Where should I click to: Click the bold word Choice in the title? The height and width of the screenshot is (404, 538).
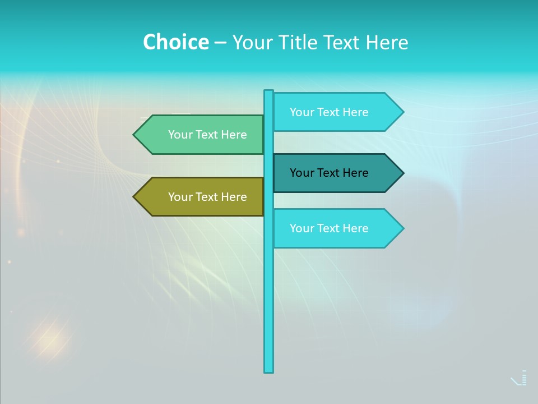point(175,42)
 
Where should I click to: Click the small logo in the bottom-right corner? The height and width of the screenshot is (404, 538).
point(520,378)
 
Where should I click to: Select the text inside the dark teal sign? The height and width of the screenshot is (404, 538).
point(329,173)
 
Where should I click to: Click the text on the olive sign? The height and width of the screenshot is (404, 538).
point(207,197)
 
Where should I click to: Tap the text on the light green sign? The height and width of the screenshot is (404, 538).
point(207,135)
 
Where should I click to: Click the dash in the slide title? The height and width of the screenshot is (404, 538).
point(220,43)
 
